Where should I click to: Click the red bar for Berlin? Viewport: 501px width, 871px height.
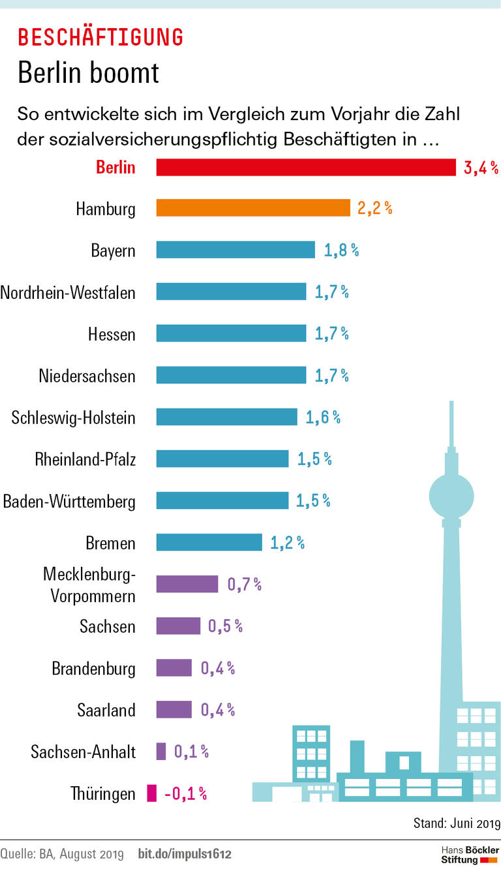305,168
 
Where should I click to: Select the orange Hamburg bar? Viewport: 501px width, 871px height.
253,208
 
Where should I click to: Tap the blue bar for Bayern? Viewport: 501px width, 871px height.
235,250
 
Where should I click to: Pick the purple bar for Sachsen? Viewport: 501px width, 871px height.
178,626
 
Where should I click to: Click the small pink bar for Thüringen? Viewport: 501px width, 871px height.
152,793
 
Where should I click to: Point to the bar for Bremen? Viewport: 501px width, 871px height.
209,543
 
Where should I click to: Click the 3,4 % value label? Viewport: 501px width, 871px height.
480,168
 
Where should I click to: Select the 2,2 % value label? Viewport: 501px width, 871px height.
374,208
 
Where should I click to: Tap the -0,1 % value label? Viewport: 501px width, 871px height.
185,793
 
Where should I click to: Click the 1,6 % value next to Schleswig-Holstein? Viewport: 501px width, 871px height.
323,418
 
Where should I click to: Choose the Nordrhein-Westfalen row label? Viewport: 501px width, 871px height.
68,292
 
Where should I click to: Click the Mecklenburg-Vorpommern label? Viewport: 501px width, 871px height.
89,585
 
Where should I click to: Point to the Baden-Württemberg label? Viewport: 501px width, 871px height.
69,502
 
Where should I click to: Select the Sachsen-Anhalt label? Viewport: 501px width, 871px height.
83,752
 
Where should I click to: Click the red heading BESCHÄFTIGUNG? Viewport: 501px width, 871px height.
100,37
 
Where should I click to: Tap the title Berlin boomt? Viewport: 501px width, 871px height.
88,72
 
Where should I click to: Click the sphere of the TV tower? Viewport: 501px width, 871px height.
451,494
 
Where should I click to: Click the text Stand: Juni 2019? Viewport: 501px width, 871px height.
456,823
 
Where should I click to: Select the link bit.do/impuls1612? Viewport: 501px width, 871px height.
185,853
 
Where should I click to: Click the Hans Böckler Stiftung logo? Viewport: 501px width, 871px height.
469,854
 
